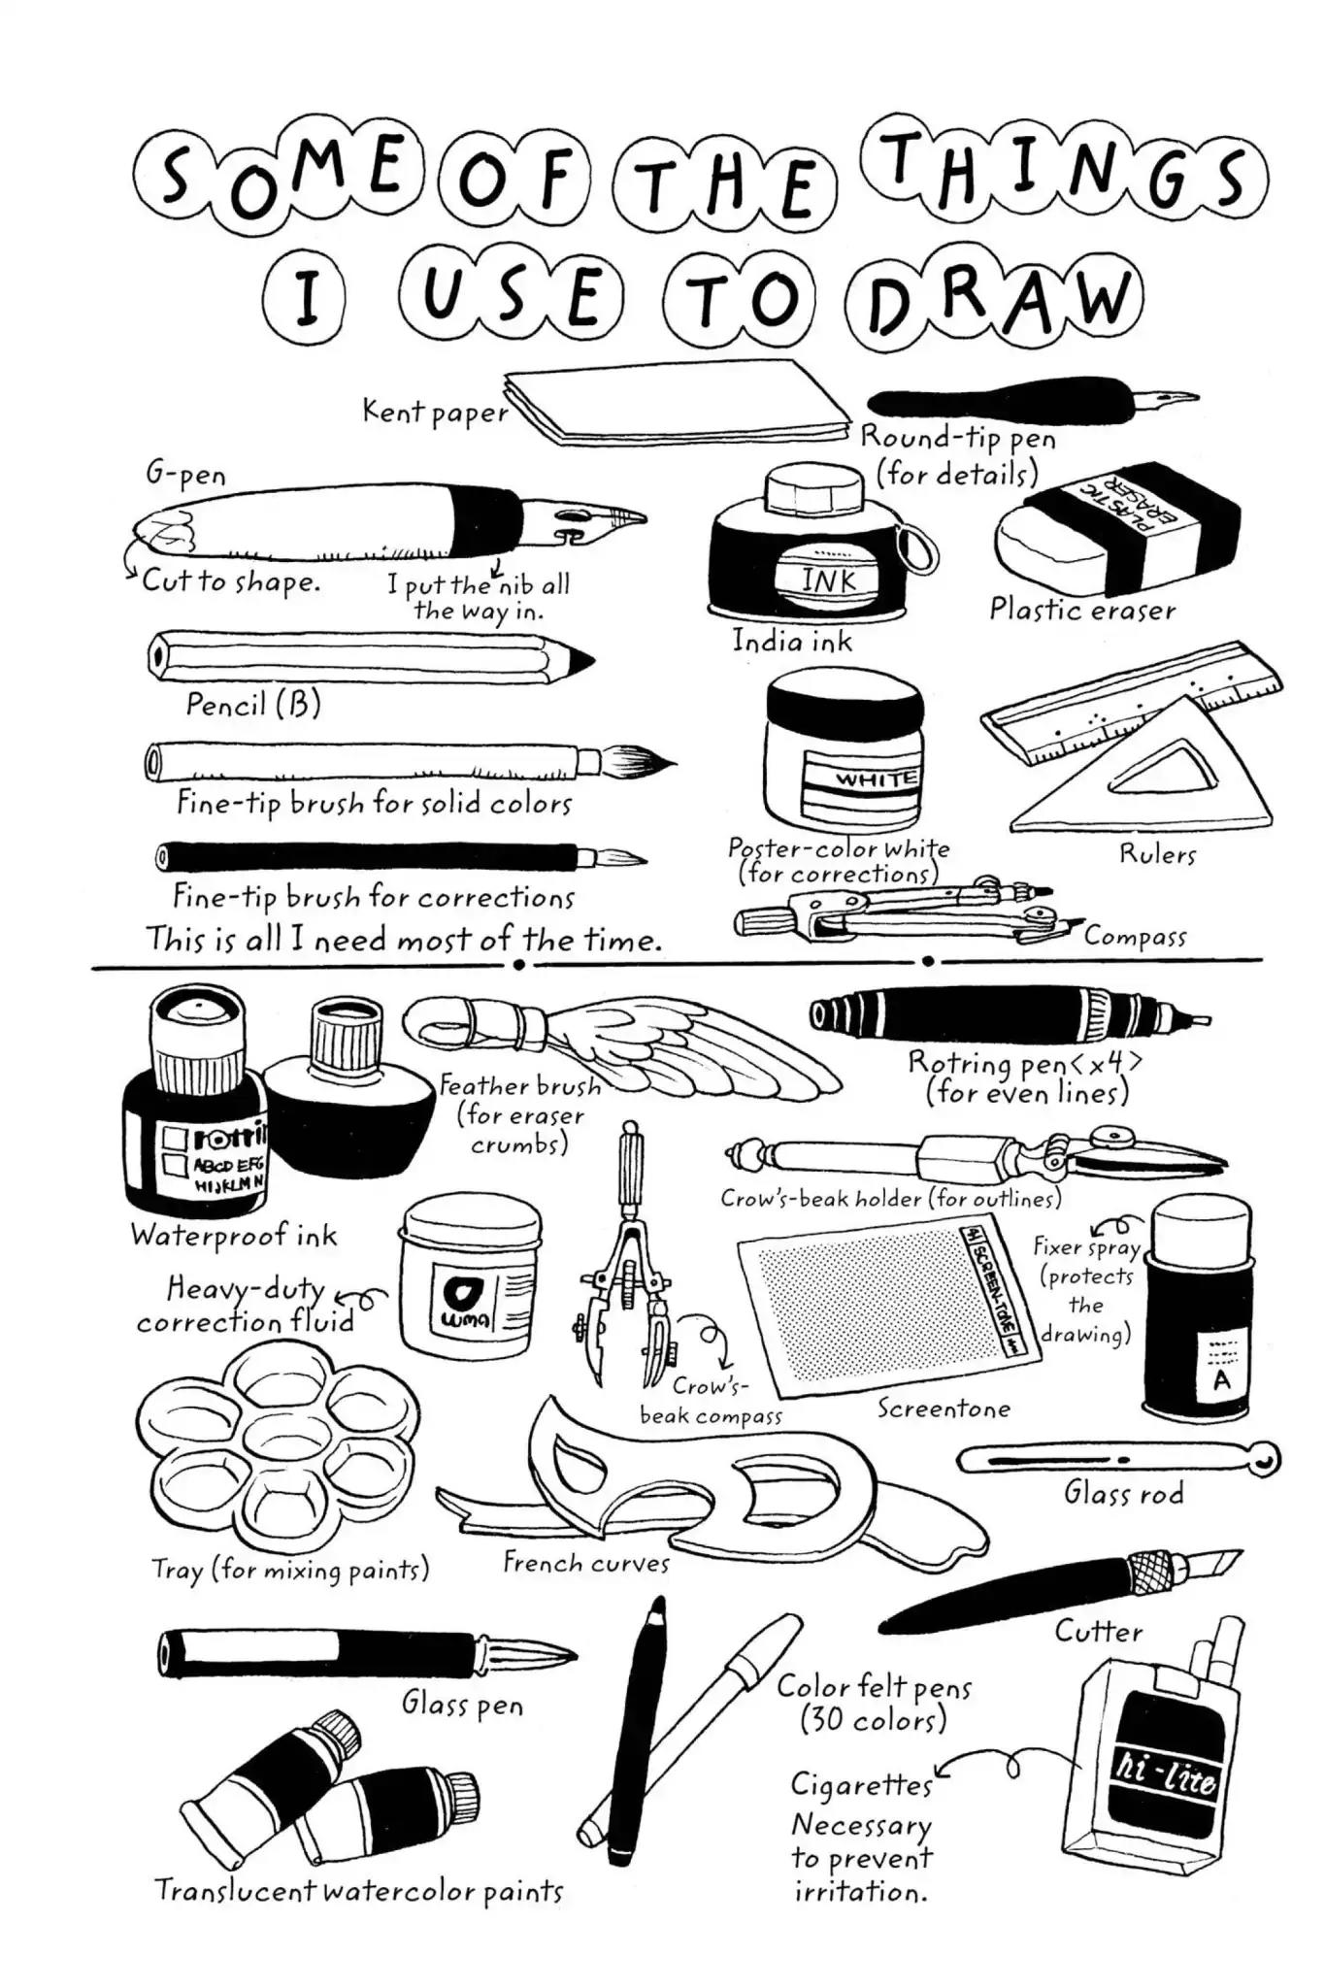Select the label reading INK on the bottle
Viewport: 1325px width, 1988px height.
[x=829, y=580]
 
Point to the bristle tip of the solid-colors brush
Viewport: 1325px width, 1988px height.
[x=638, y=760]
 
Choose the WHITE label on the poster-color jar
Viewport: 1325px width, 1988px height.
[x=877, y=779]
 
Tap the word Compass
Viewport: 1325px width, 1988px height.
[x=1135, y=937]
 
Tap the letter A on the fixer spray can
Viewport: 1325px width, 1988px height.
[x=1220, y=1379]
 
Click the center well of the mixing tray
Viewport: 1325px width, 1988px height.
[x=278, y=1443]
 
